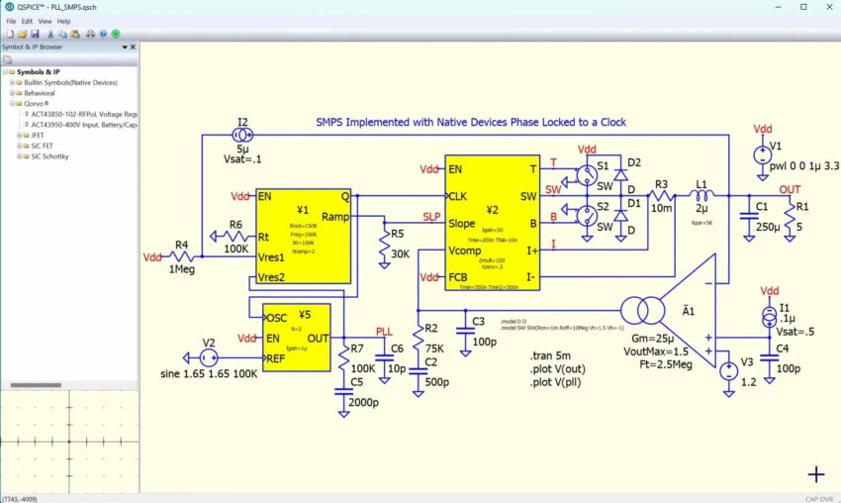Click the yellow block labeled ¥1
pyautogui.click(x=303, y=236)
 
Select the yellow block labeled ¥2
pyautogui.click(x=492, y=223)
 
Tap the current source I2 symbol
pyautogui.click(x=243, y=135)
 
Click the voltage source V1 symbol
pyautogui.click(x=763, y=154)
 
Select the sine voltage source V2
pyautogui.click(x=208, y=357)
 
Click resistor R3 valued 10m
pyautogui.click(x=661, y=196)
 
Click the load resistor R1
pyautogui.click(x=789, y=216)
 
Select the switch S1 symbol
pyautogui.click(x=587, y=175)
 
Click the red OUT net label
pyautogui.click(x=790, y=189)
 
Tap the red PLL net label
pyautogui.click(x=385, y=332)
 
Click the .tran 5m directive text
pyautogui.click(x=549, y=355)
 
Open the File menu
pyautogui.click(x=11, y=21)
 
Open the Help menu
pyautogui.click(x=63, y=21)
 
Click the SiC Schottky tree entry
pyautogui.click(x=42, y=156)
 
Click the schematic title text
pyautogui.click(x=470, y=123)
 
